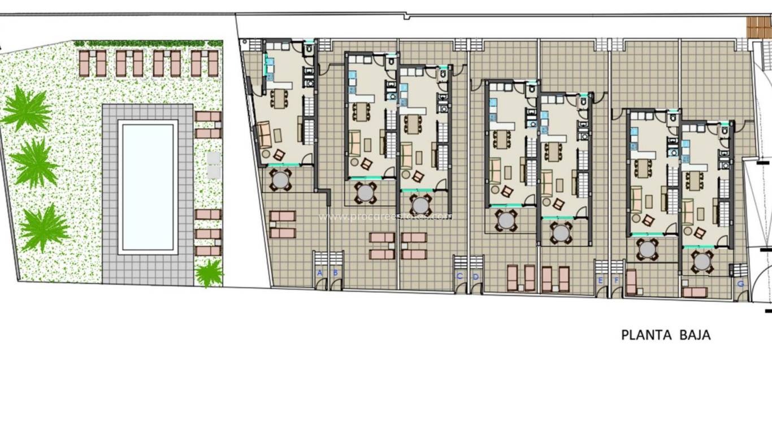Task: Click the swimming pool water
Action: click(x=148, y=186)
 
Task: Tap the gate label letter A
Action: click(x=320, y=273)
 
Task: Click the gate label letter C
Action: click(x=459, y=276)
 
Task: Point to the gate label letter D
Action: click(x=475, y=276)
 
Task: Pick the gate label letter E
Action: click(x=600, y=280)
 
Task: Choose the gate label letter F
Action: click(x=616, y=280)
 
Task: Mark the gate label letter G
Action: click(x=741, y=284)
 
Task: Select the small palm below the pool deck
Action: click(x=209, y=274)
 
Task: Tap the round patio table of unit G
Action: click(x=702, y=261)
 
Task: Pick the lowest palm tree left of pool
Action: click(x=44, y=227)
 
